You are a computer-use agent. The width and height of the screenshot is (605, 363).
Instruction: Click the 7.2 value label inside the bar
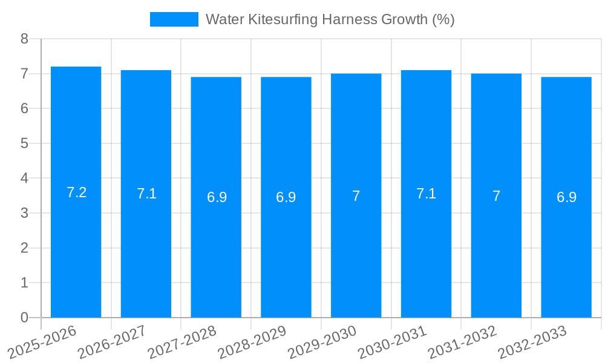(x=77, y=193)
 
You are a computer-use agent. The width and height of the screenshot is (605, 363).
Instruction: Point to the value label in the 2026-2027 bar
(x=146, y=194)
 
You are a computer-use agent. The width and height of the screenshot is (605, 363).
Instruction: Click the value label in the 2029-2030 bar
(x=356, y=196)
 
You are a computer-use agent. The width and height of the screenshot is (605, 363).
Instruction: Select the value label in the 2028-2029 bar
(x=286, y=197)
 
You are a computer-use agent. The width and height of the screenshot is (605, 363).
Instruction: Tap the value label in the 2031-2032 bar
(x=496, y=196)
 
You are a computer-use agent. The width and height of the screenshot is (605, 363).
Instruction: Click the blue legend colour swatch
(x=174, y=19)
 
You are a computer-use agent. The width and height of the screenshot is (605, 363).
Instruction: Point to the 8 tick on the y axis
(x=25, y=39)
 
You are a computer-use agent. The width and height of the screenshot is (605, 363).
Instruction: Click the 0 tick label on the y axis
(x=25, y=318)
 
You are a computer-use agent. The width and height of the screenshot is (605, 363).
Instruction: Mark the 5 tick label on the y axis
(x=25, y=144)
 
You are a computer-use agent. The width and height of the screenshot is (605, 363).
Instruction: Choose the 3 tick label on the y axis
(x=25, y=214)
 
